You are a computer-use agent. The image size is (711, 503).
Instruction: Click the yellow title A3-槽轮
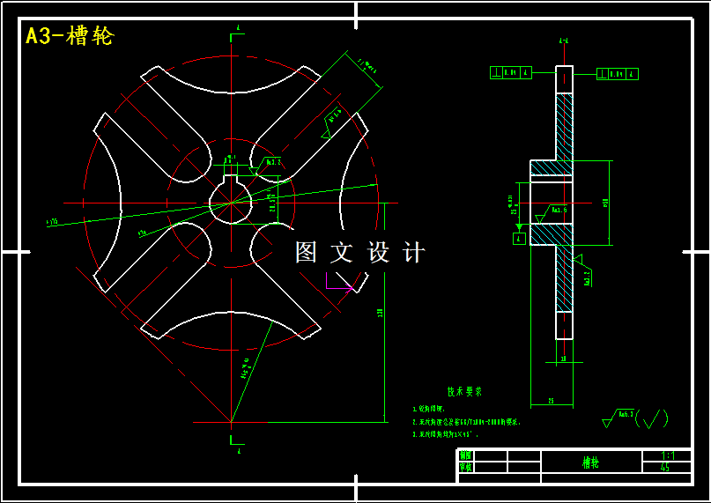click(x=70, y=36)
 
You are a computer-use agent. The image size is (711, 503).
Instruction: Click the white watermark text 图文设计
click(x=359, y=253)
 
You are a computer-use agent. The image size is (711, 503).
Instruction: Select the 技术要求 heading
click(x=464, y=391)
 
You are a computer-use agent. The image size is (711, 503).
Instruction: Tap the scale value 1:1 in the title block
click(x=668, y=455)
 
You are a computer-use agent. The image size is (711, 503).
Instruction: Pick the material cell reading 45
click(x=665, y=468)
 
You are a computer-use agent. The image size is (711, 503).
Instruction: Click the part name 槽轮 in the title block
click(x=589, y=462)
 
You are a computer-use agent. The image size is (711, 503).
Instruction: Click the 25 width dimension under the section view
click(x=551, y=401)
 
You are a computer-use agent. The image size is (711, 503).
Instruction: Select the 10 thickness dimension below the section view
click(x=564, y=359)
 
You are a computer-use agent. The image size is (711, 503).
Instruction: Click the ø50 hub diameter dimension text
click(x=605, y=203)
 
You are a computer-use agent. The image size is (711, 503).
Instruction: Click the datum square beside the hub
click(x=519, y=238)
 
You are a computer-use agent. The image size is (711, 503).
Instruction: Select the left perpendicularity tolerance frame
click(x=510, y=73)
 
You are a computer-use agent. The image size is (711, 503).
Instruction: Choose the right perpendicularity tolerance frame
click(x=618, y=74)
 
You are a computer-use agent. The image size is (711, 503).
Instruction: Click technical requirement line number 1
click(x=431, y=409)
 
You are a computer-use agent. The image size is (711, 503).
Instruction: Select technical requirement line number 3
click(x=446, y=433)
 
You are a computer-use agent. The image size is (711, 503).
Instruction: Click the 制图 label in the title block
click(x=465, y=455)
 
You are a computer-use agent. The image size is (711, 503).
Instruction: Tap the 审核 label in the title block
click(x=465, y=468)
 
